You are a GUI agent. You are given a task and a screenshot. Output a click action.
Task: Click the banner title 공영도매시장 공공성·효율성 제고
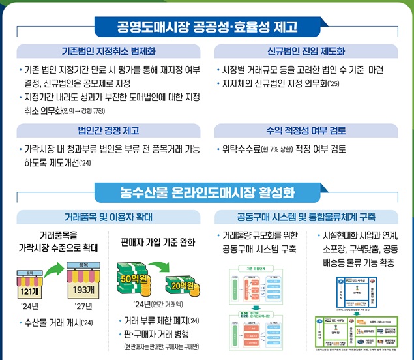(207, 27)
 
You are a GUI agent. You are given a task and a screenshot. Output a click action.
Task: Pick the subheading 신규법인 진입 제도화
(306, 51)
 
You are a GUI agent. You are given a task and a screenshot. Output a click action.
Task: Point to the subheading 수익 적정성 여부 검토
(306, 130)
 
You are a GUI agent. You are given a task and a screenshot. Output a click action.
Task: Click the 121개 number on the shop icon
(31, 291)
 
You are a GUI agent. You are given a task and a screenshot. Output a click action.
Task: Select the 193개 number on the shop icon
(83, 288)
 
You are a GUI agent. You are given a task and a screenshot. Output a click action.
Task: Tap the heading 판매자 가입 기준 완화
(158, 243)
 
